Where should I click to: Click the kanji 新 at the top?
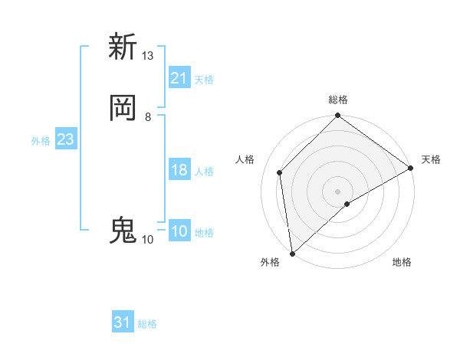click(x=123, y=47)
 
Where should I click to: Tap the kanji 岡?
click(x=123, y=108)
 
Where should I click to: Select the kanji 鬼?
click(x=123, y=231)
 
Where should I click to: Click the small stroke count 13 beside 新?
click(x=147, y=56)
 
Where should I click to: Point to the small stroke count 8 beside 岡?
click(x=147, y=117)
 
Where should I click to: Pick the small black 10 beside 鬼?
click(x=147, y=240)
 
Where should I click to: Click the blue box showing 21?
click(x=179, y=78)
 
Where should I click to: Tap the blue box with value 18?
click(x=179, y=170)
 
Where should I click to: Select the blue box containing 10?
click(x=179, y=231)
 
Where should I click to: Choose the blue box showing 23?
click(x=66, y=139)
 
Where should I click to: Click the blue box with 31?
click(x=123, y=322)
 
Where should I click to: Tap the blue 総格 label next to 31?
click(x=147, y=324)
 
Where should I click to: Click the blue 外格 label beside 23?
click(x=41, y=141)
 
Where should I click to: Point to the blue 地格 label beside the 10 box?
click(x=204, y=233)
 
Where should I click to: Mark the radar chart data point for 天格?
click(x=410, y=168)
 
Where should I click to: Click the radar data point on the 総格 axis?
click(x=338, y=116)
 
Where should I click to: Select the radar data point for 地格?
click(x=347, y=204)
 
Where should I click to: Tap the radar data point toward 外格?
click(x=292, y=254)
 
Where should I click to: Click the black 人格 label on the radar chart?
click(x=245, y=159)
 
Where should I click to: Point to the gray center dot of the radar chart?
click(x=338, y=191)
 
